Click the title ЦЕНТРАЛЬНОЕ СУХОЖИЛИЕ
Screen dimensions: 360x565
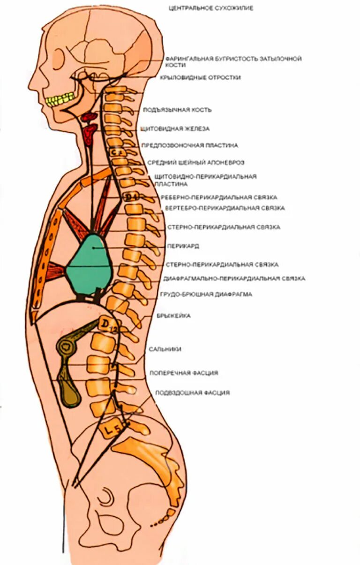[x=210, y=8]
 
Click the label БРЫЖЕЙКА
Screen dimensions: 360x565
[x=173, y=316]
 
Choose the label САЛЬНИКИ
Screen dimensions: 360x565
[x=165, y=349]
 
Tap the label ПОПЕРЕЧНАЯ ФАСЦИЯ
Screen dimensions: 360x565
[x=184, y=373]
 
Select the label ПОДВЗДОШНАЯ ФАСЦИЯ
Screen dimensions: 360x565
[x=192, y=393]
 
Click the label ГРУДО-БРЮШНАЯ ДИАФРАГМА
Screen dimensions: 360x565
[x=206, y=294]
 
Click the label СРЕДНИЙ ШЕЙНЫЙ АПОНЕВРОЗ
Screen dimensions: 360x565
[x=195, y=162]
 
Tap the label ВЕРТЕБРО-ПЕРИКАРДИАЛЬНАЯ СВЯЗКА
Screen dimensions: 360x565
[x=225, y=208]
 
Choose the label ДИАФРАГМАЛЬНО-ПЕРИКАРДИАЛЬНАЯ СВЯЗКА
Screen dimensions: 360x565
[x=234, y=279]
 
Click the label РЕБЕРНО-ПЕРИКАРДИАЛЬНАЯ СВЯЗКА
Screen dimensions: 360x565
[x=219, y=197]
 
